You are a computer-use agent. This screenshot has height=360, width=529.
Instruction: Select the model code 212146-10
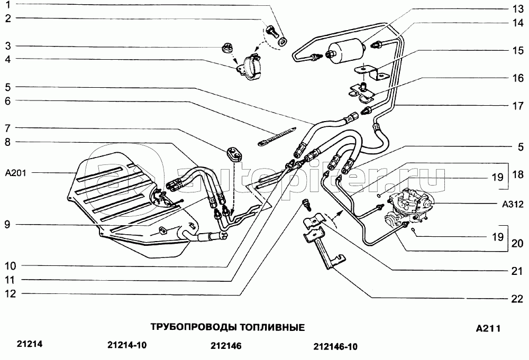[x=335, y=347]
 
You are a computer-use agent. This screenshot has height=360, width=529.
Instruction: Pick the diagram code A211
[x=488, y=328]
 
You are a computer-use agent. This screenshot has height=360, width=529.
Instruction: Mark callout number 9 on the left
[x=8, y=225]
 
